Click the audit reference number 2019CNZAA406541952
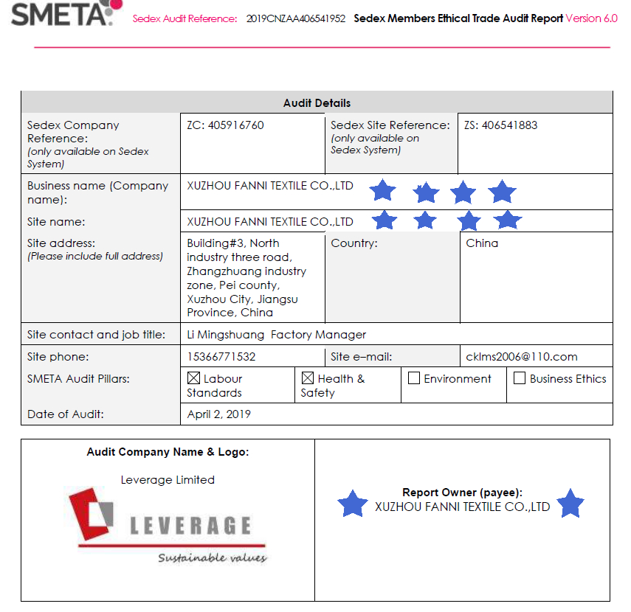point(296,19)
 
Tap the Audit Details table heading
point(317,103)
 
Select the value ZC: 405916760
point(225,125)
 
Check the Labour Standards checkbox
point(193,378)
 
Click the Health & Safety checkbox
point(308,378)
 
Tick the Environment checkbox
point(414,378)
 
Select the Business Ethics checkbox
point(520,378)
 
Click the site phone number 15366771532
point(221,357)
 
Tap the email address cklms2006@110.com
point(522,357)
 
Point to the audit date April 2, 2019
point(218,414)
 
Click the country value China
point(482,243)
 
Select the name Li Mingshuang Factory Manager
point(276,335)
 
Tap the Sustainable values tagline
point(212,557)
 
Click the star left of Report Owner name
point(353,504)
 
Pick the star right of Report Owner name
point(570,504)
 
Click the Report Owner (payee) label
point(462,493)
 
